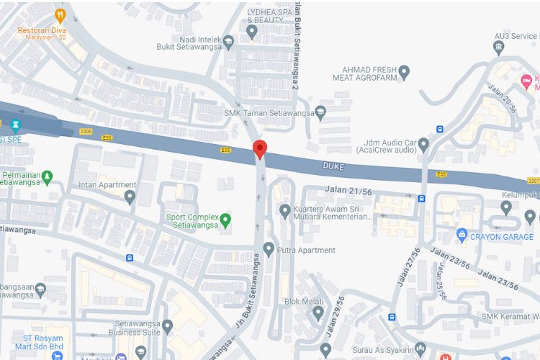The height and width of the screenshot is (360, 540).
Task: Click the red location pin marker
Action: [x=261, y=149]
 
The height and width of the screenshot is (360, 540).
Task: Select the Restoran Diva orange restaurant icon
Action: [x=60, y=14]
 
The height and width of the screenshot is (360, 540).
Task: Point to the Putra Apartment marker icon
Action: [x=269, y=250]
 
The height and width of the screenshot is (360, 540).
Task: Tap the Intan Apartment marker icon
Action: [x=130, y=196]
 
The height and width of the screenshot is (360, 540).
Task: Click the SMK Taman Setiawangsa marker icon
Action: [x=320, y=112]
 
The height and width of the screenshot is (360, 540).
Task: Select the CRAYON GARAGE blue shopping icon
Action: [x=462, y=235]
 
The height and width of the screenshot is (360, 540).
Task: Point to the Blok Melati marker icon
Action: [x=318, y=313]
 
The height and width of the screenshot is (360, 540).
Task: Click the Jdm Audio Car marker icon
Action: [x=423, y=144]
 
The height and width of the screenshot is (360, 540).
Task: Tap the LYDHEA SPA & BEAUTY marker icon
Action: [x=252, y=32]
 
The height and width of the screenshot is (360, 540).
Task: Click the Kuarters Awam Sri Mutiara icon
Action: [x=284, y=210]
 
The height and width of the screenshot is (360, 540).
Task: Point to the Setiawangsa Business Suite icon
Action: [x=168, y=328]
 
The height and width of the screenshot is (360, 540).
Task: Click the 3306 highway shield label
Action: [x=85, y=131]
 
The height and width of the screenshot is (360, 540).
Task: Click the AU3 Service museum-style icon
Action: [x=499, y=48]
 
